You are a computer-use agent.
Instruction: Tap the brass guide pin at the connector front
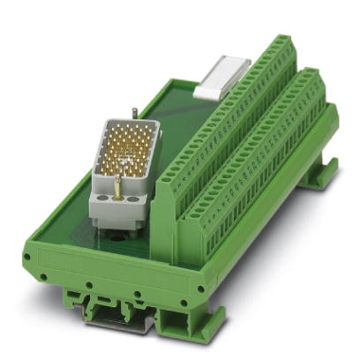[116, 184]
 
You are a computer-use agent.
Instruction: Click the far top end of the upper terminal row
[281, 43]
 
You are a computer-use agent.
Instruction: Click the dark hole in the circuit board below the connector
[113, 235]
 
